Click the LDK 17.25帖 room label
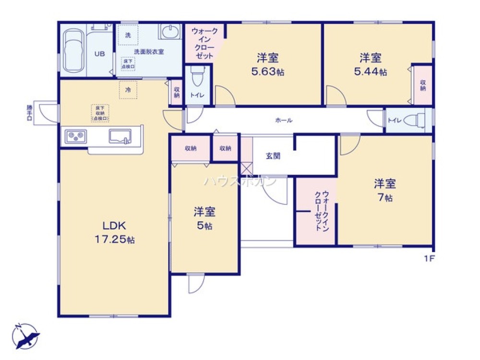(x=114, y=233)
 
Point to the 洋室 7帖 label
(x=385, y=190)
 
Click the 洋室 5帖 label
(x=204, y=218)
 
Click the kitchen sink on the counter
(x=120, y=136)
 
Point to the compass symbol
(x=26, y=336)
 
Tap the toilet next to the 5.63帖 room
(x=197, y=77)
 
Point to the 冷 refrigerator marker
(x=128, y=90)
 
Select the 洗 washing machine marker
(x=128, y=35)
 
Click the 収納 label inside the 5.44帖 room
(x=423, y=84)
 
